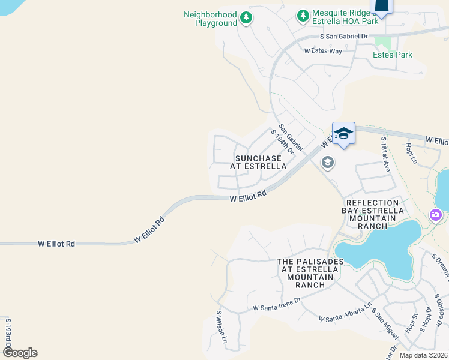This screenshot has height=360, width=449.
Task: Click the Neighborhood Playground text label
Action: (210, 19)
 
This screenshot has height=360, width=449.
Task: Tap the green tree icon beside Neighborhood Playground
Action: (246, 18)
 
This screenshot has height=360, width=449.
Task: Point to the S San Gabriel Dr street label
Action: (343, 37)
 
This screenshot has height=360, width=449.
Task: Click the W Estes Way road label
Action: (323, 51)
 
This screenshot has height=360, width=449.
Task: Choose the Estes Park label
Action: (393, 55)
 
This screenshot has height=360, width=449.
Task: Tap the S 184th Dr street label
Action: (282, 142)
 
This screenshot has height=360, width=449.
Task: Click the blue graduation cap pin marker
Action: (343, 133)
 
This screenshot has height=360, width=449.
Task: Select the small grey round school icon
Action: (328, 162)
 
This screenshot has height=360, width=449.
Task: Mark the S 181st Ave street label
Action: (386, 154)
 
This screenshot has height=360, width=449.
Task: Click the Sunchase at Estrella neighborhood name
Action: (259, 162)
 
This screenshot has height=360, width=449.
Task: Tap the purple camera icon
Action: (436, 215)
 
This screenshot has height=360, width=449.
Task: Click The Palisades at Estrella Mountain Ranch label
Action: (310, 273)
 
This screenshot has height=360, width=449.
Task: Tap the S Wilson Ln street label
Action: (221, 327)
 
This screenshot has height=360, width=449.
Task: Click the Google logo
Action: (20, 352)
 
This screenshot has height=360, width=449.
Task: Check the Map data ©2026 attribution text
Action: (423, 355)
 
